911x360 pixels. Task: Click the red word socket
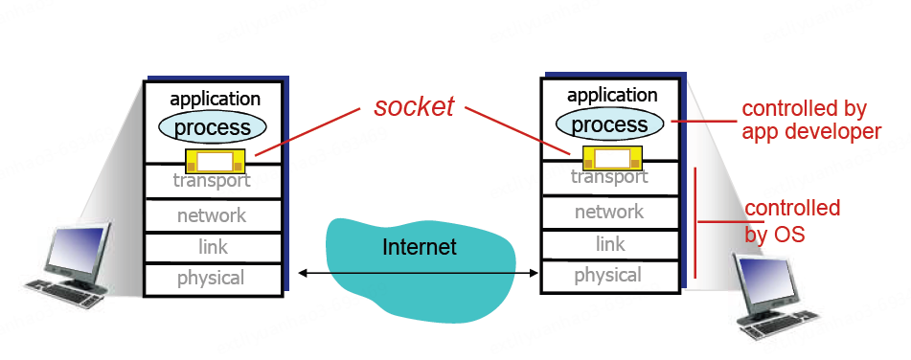pos(414,107)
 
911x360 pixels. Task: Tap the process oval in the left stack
pos(213,127)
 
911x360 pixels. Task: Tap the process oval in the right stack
pos(610,124)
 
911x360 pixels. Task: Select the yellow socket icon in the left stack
pos(215,160)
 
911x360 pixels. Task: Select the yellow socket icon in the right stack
pos(611,157)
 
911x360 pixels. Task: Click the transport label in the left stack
pos(212,180)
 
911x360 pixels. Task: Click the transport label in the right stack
pos(609,177)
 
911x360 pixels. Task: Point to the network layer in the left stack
pos(212,215)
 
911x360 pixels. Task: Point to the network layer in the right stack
pos(609,212)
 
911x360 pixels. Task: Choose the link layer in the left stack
pos(212,247)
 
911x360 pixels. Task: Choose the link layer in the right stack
pos(609,244)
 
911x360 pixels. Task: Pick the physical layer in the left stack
pos(212,279)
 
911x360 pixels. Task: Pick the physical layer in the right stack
pos(609,276)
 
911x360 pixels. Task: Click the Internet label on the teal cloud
pos(420,247)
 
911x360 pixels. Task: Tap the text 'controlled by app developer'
pos(810,121)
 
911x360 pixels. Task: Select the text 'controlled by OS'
pos(791,221)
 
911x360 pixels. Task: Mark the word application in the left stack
pos(215,99)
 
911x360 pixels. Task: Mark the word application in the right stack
pos(612,96)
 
